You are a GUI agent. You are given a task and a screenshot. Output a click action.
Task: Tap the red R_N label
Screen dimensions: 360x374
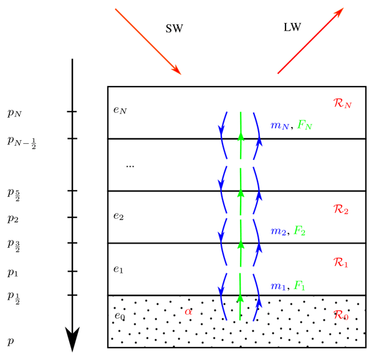pyautogui.click(x=343, y=103)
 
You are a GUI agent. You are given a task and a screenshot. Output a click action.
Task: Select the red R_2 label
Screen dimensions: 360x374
pyautogui.click(x=341, y=210)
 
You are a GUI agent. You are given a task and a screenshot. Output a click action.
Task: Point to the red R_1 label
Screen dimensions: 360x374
pyautogui.click(x=341, y=264)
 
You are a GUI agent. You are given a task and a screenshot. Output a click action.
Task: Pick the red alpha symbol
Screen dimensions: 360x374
pyautogui.click(x=188, y=311)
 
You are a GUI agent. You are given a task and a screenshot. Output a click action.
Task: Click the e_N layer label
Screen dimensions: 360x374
pyautogui.click(x=120, y=110)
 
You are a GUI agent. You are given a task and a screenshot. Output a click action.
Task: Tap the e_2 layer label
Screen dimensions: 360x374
pyautogui.click(x=118, y=216)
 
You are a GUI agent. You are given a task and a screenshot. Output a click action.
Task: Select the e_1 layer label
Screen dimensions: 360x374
pyautogui.click(x=118, y=269)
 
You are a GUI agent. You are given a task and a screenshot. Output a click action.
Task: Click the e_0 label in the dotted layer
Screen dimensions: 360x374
pyautogui.click(x=120, y=316)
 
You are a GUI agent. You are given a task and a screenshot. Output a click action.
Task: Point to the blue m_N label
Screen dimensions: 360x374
pyautogui.click(x=279, y=125)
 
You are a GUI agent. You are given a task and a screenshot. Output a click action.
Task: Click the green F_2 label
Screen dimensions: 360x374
pyautogui.click(x=300, y=232)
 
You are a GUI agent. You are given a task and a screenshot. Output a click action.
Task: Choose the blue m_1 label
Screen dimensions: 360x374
pyautogui.click(x=277, y=286)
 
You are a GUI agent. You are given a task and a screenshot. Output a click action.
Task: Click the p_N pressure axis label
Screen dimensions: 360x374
pyautogui.click(x=14, y=113)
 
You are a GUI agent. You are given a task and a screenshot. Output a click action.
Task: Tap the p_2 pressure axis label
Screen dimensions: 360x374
pyautogui.click(x=12, y=219)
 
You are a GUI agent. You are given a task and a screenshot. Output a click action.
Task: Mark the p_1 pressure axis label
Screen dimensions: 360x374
pyautogui.click(x=12, y=272)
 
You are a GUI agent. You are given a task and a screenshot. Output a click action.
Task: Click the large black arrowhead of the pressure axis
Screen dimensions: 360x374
pyautogui.click(x=73, y=339)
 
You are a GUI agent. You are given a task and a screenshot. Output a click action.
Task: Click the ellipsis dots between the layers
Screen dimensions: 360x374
pyautogui.click(x=130, y=166)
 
